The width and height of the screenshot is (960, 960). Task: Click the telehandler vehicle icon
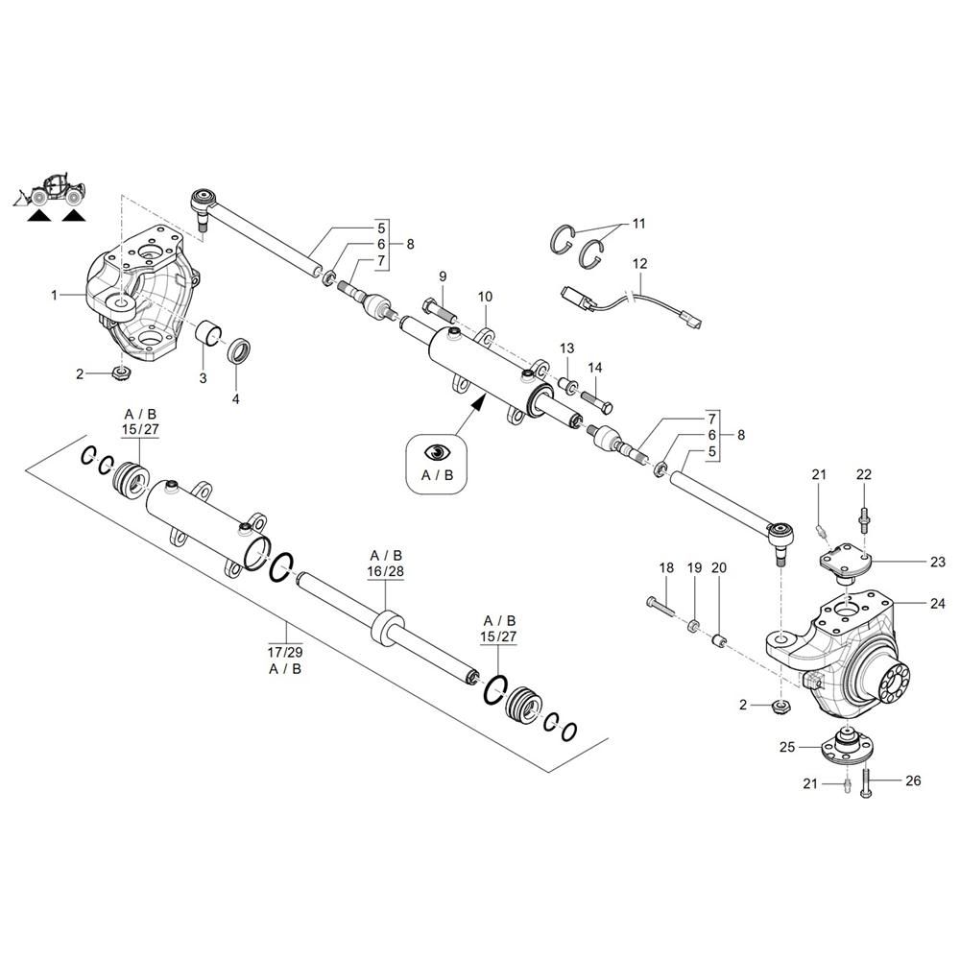point(50,189)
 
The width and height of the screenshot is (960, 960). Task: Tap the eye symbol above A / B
point(438,452)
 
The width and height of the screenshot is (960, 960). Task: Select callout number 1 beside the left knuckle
point(55,295)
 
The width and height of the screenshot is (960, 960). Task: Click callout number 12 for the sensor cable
point(639,264)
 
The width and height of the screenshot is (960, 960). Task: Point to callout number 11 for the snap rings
point(638,224)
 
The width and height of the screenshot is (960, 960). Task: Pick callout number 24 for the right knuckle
point(937,604)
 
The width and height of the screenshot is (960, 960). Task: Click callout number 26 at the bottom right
point(913,780)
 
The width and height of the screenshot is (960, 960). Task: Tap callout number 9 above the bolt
point(443,276)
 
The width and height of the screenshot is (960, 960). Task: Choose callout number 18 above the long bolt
point(666,567)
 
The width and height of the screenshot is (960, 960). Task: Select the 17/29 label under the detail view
point(285,652)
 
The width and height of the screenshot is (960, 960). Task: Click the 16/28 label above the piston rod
point(386,571)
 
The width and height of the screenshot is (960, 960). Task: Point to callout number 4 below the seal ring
point(236,399)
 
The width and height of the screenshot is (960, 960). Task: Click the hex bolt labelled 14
point(594,401)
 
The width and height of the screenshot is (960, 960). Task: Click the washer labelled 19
point(694,626)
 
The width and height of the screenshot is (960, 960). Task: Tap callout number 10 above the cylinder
point(485,297)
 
